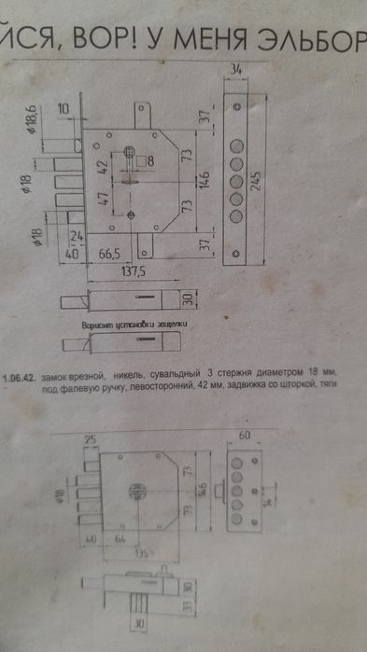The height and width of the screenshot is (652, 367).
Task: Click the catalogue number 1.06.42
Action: pos(18,378)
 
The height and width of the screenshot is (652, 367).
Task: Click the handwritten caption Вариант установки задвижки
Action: pos(134,326)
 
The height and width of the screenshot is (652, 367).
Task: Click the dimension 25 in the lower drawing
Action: pos(91,439)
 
